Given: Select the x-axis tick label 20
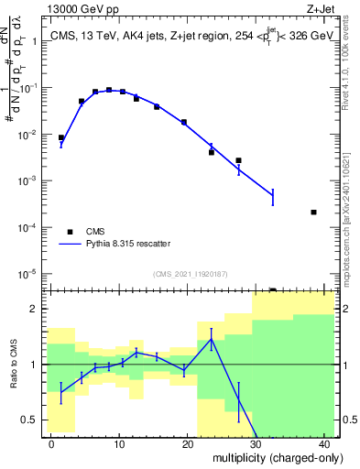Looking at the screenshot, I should coord(188,442).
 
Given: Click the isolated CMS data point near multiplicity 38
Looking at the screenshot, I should coord(313,213).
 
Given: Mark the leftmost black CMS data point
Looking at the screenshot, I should coord(61,137).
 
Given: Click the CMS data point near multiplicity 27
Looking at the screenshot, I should coord(238,160).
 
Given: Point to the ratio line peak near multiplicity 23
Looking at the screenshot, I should coord(212,339).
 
